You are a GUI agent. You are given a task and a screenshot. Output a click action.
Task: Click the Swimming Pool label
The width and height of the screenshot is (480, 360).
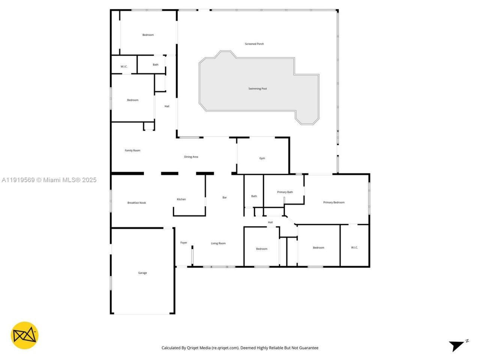257,89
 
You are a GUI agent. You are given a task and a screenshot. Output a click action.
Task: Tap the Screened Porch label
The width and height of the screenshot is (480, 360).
254,44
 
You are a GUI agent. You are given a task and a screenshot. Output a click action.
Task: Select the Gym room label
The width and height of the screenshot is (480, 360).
262,158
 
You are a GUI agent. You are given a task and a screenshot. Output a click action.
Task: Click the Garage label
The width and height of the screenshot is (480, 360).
142,273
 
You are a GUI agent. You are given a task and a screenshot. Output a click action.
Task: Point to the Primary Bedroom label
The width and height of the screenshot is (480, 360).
334,202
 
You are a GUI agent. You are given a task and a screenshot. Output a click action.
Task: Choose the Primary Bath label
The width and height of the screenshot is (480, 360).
285,192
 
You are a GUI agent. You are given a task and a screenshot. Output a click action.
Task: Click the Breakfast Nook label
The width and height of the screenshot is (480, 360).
136,203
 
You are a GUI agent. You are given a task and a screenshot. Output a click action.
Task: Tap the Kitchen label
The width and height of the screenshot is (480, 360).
181,199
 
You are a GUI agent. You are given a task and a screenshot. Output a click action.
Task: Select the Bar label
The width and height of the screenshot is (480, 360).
225,198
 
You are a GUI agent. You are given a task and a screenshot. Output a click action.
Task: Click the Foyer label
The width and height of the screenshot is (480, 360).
184,243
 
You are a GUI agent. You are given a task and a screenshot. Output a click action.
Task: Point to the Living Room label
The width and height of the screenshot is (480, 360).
218,243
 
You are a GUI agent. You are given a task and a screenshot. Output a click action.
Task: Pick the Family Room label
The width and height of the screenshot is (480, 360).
132,150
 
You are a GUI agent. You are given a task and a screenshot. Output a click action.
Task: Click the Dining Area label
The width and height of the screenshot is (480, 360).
191,157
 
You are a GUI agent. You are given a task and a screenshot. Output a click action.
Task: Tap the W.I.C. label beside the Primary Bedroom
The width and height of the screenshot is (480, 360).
354,247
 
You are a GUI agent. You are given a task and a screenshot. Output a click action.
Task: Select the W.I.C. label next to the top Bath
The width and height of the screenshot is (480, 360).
124,67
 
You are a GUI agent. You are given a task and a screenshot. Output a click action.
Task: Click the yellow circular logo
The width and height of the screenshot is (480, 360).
24,335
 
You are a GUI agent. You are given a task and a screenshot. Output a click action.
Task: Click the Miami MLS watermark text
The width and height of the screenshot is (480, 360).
49,180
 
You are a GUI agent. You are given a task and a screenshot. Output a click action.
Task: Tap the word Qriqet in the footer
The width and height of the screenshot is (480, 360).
193,348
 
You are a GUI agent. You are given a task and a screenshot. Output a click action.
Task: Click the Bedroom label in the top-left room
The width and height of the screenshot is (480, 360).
148,35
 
